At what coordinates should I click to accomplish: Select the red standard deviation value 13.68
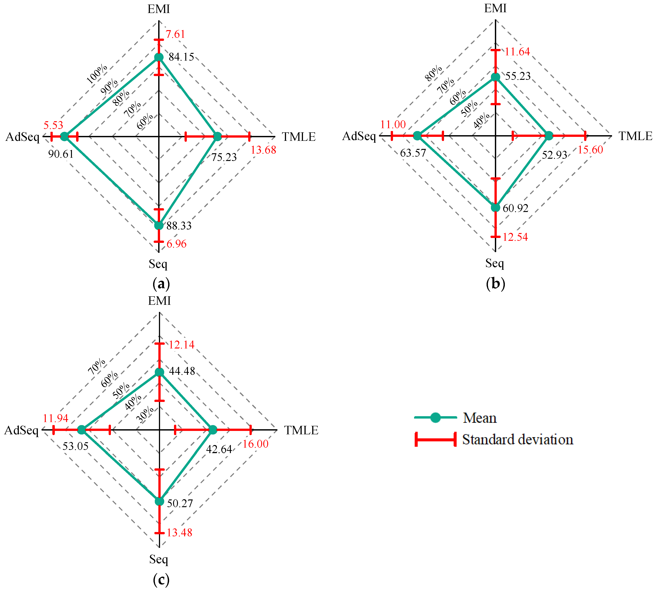pyautogui.click(x=263, y=150)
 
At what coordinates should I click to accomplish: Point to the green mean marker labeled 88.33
pyautogui.click(x=159, y=226)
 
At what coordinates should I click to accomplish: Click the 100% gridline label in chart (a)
pyautogui.click(x=97, y=74)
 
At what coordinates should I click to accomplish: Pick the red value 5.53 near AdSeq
pyautogui.click(x=53, y=125)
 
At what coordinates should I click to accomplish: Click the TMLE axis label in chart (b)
pyautogui.click(x=636, y=136)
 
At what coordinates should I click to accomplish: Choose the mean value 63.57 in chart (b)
pyautogui.click(x=413, y=153)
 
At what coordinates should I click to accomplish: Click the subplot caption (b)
pyautogui.click(x=495, y=284)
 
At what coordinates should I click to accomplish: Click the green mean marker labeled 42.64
pyautogui.click(x=212, y=430)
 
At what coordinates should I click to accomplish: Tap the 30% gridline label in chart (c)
pyautogui.click(x=145, y=415)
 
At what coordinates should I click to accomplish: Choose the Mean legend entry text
pyautogui.click(x=480, y=418)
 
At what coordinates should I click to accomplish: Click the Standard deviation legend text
pyautogui.click(x=517, y=440)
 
